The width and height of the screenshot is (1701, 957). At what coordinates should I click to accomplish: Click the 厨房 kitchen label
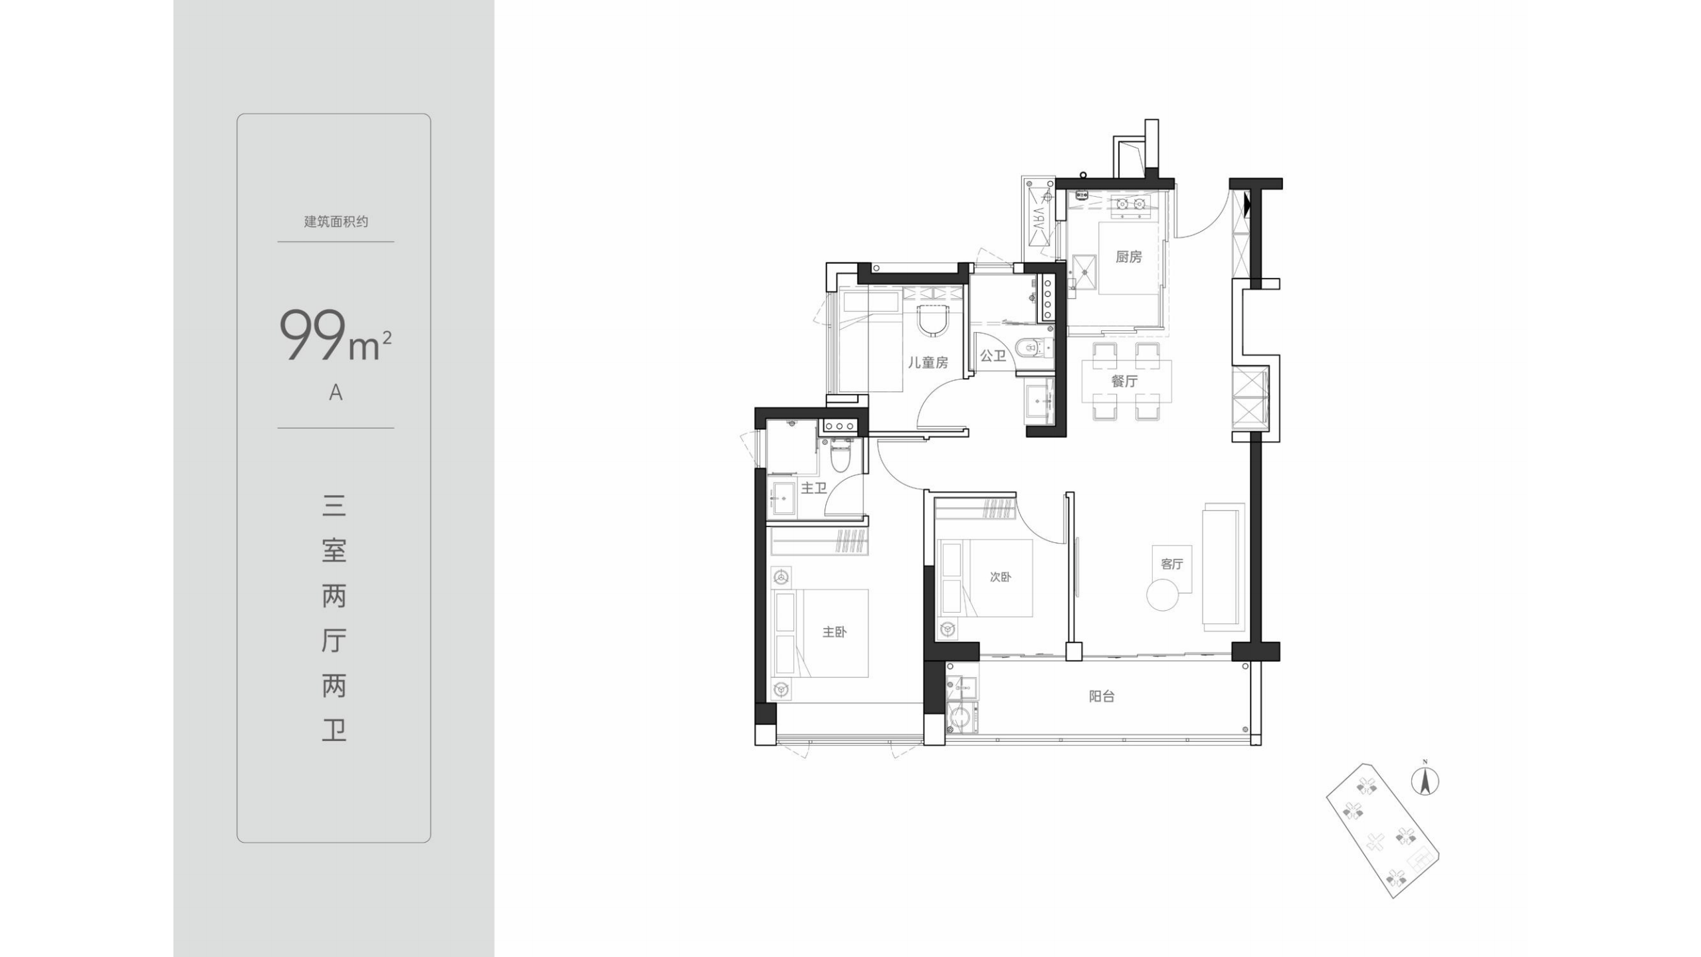[1128, 257]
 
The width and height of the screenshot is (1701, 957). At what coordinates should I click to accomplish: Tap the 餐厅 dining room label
[1124, 381]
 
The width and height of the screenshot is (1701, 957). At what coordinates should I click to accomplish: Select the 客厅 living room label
[1171, 564]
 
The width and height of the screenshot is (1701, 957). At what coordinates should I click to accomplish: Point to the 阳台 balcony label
[1102, 696]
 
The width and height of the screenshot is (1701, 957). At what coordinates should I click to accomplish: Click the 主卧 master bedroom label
[835, 631]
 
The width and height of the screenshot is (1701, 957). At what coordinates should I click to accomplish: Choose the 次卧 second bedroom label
[1001, 577]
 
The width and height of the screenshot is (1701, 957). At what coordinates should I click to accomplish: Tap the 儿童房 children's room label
[928, 362]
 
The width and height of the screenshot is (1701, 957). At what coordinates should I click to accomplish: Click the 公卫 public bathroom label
[993, 356]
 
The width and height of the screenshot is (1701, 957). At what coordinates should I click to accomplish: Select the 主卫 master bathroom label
[813, 488]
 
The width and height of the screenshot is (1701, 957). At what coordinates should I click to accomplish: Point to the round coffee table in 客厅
[1163, 595]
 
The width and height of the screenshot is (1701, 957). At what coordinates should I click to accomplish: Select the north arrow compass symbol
[1425, 780]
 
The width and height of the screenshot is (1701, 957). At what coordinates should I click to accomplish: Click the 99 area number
[313, 335]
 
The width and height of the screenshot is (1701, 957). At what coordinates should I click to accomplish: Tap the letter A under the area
[336, 393]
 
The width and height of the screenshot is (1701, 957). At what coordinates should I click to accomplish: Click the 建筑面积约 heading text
[336, 221]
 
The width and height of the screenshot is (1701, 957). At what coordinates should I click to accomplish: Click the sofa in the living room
[1223, 567]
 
